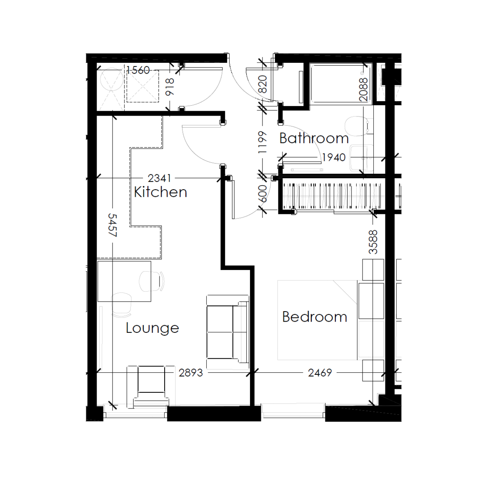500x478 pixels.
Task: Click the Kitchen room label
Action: (160, 192)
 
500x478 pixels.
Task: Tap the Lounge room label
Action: (152, 328)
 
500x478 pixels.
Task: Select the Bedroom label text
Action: (315, 317)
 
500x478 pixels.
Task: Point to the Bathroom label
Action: (314, 138)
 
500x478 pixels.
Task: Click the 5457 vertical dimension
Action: (112, 225)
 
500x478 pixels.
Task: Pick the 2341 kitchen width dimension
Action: (159, 178)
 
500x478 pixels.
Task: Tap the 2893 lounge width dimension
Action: (191, 373)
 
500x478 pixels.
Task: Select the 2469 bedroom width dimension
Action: (320, 373)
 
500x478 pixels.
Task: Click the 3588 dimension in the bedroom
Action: (373, 242)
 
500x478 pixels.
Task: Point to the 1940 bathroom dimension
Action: (334, 157)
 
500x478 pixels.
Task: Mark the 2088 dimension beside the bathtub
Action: (364, 89)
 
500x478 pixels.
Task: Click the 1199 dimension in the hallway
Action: (262, 142)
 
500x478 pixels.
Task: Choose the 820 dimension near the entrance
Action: (262, 84)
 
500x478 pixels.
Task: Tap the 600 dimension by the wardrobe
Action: (262, 194)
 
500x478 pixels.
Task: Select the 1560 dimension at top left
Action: (138, 70)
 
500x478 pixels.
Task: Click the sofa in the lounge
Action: (227, 332)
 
